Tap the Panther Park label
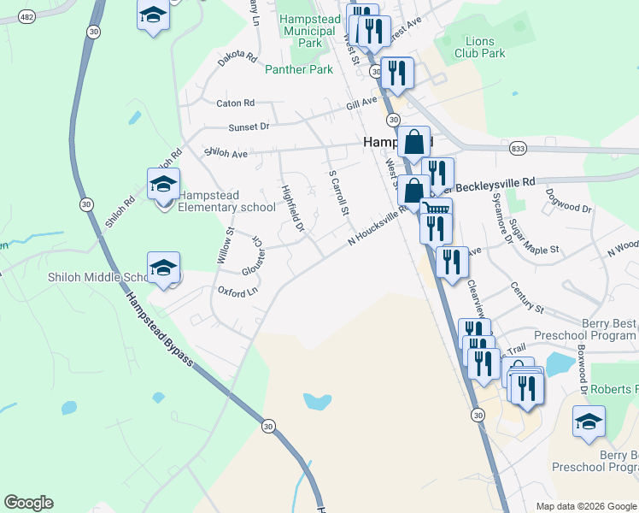[298, 69]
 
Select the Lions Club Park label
[485, 47]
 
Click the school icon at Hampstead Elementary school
[163, 182]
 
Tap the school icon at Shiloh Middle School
[163, 266]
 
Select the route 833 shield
[519, 149]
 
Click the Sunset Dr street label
[249, 127]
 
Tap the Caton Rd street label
[236, 103]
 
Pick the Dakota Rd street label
[237, 58]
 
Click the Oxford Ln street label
[237, 292]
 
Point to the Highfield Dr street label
[292, 209]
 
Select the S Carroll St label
[339, 192]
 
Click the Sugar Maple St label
[533, 238]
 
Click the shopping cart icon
[437, 210]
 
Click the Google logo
[28, 503]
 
